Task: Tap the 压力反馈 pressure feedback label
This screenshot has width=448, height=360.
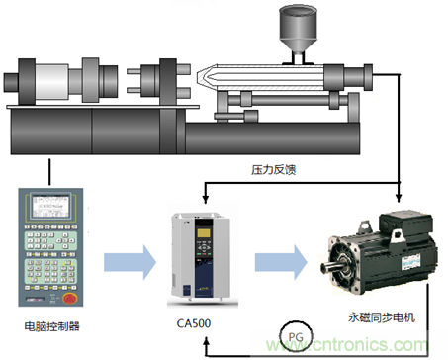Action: pos(274,169)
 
